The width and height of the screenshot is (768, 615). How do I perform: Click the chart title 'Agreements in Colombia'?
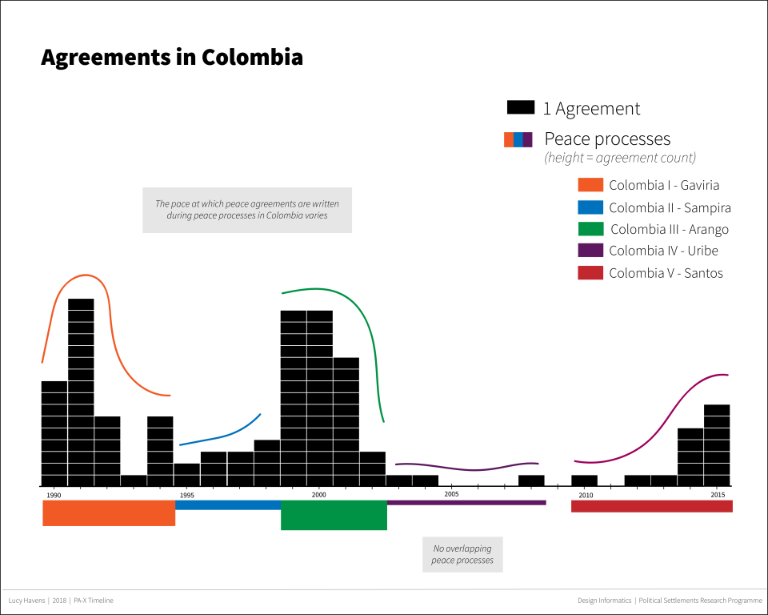click(172, 58)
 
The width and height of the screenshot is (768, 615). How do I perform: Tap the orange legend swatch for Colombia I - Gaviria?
click(590, 185)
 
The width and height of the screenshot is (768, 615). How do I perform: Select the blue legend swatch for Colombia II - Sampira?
click(590, 207)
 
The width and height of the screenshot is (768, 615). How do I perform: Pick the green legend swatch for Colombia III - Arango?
click(590, 229)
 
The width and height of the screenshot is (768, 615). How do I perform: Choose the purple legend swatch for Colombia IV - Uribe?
click(590, 251)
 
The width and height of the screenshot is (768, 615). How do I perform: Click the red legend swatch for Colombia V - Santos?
click(590, 273)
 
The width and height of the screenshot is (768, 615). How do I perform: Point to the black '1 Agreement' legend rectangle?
click(520, 107)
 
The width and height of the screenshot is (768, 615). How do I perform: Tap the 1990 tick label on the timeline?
click(54, 496)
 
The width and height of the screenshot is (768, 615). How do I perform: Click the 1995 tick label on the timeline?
click(186, 496)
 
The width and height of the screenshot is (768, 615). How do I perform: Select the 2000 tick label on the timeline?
click(319, 496)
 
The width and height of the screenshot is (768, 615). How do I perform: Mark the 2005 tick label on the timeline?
click(452, 496)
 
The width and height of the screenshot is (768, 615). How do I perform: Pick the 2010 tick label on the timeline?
click(586, 496)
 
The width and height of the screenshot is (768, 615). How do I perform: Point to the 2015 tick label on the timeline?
click(718, 496)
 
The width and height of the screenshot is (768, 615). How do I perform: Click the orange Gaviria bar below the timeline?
click(109, 513)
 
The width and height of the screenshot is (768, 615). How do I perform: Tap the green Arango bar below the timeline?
click(334, 515)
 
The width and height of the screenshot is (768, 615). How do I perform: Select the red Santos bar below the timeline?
click(651, 506)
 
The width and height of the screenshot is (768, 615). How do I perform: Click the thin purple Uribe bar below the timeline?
click(466, 503)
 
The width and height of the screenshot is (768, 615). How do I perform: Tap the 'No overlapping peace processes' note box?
click(462, 554)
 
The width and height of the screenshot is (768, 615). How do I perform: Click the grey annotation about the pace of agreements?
click(247, 210)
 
